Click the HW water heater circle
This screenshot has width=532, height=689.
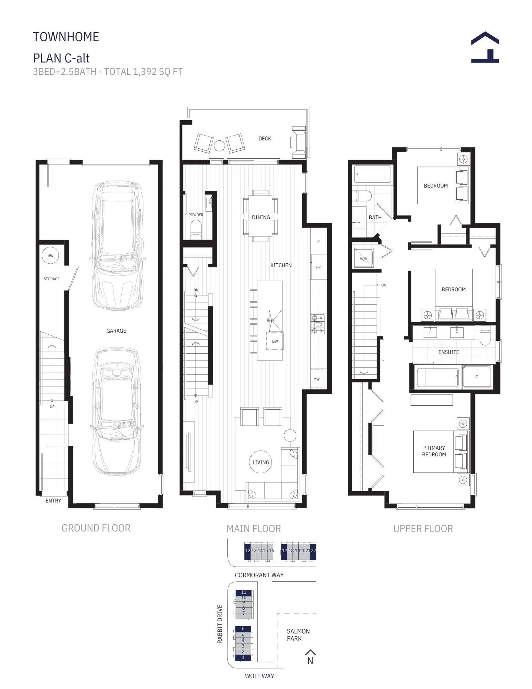click(50, 256)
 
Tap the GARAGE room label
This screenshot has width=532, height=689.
click(116, 330)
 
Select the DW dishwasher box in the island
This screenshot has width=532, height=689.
click(275, 341)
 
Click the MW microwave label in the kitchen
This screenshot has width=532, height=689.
click(316, 379)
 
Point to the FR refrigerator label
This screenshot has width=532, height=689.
click(318, 267)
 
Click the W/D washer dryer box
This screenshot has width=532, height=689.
click(364, 259)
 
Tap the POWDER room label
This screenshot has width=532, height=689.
click(196, 215)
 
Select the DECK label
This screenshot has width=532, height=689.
click(265, 139)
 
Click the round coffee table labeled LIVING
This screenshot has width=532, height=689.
click(261, 462)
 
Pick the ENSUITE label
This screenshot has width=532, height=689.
click(448, 352)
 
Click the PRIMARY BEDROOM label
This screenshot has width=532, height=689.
click(434, 451)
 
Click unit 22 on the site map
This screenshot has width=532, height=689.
click(313, 550)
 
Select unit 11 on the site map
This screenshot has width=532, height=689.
click(244, 593)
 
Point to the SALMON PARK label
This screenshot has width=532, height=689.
click(298, 635)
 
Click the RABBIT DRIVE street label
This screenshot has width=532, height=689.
click(220, 624)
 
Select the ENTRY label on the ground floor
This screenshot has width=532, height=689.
click(53, 501)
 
